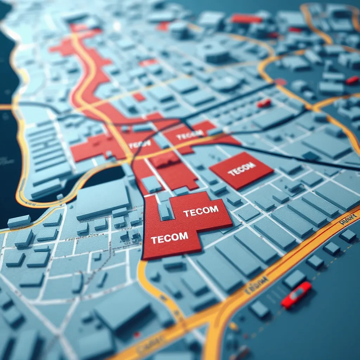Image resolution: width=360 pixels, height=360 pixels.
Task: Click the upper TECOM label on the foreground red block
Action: [201, 211]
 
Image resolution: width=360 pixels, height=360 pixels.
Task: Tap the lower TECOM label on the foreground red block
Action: [169, 238]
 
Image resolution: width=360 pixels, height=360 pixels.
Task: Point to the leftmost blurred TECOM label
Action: [140, 144]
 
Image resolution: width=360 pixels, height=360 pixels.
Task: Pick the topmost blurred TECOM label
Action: [189, 134]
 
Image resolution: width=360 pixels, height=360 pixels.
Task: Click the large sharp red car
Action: [296, 295]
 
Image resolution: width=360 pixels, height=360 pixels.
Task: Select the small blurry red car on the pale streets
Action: [264, 103]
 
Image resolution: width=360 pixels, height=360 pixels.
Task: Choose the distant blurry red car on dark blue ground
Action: [352, 80]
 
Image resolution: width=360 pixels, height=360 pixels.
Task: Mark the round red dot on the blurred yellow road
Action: [280, 82]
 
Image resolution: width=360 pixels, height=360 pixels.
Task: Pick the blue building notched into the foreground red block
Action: [164, 211]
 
